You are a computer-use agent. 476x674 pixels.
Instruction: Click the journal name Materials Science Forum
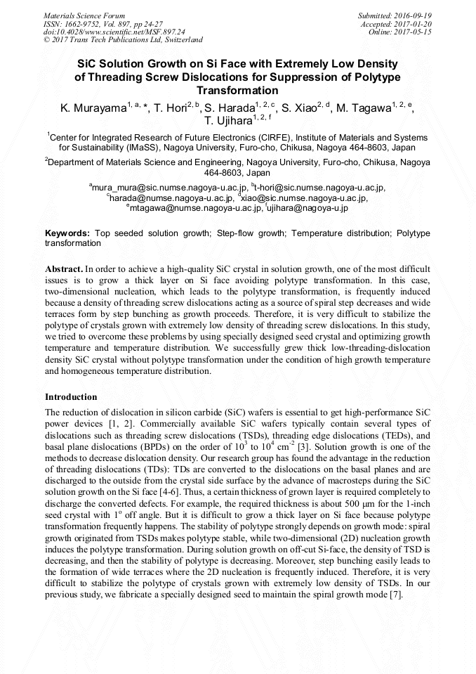click(x=84, y=15)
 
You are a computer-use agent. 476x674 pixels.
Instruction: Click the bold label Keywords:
click(x=67, y=233)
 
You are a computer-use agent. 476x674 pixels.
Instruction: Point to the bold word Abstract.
click(x=64, y=268)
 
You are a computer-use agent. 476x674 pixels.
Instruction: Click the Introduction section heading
click(x=71, y=397)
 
